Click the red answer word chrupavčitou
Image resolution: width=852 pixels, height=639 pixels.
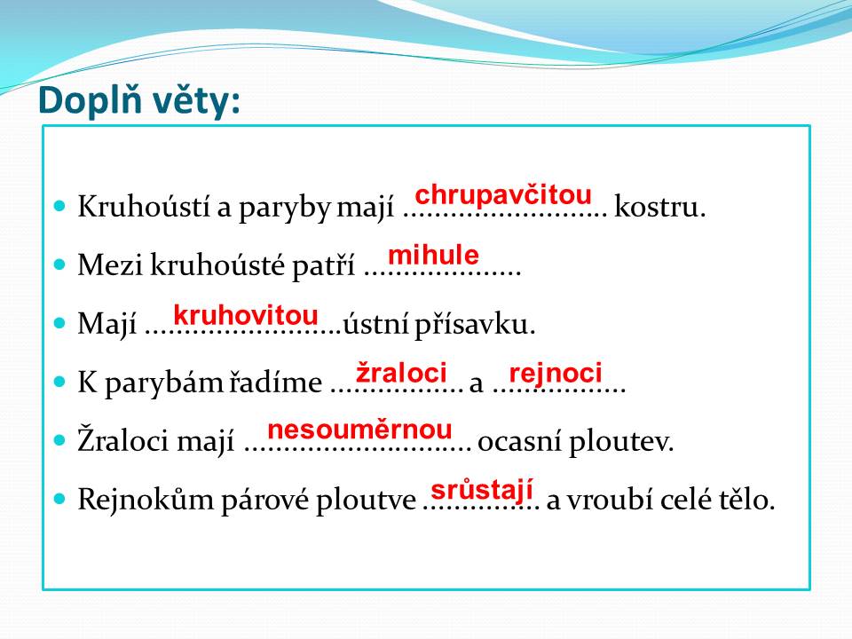tap(503, 195)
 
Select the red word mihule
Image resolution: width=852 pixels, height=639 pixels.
tap(434, 255)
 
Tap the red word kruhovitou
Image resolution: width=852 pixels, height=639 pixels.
tap(246, 315)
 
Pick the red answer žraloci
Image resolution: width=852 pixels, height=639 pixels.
tap(401, 373)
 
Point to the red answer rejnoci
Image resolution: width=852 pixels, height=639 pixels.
tap(556, 374)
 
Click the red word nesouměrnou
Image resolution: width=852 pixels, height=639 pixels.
tap(359, 430)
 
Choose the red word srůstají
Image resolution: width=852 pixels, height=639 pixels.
tap(482, 490)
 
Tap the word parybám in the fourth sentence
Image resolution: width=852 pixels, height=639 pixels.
tap(163, 383)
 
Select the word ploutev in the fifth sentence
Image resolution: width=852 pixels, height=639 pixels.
tap(621, 441)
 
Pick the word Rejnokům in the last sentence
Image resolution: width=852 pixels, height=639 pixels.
tap(146, 500)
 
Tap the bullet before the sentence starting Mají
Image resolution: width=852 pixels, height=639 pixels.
tap(59, 323)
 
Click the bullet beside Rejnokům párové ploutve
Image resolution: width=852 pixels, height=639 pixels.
tap(59, 498)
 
